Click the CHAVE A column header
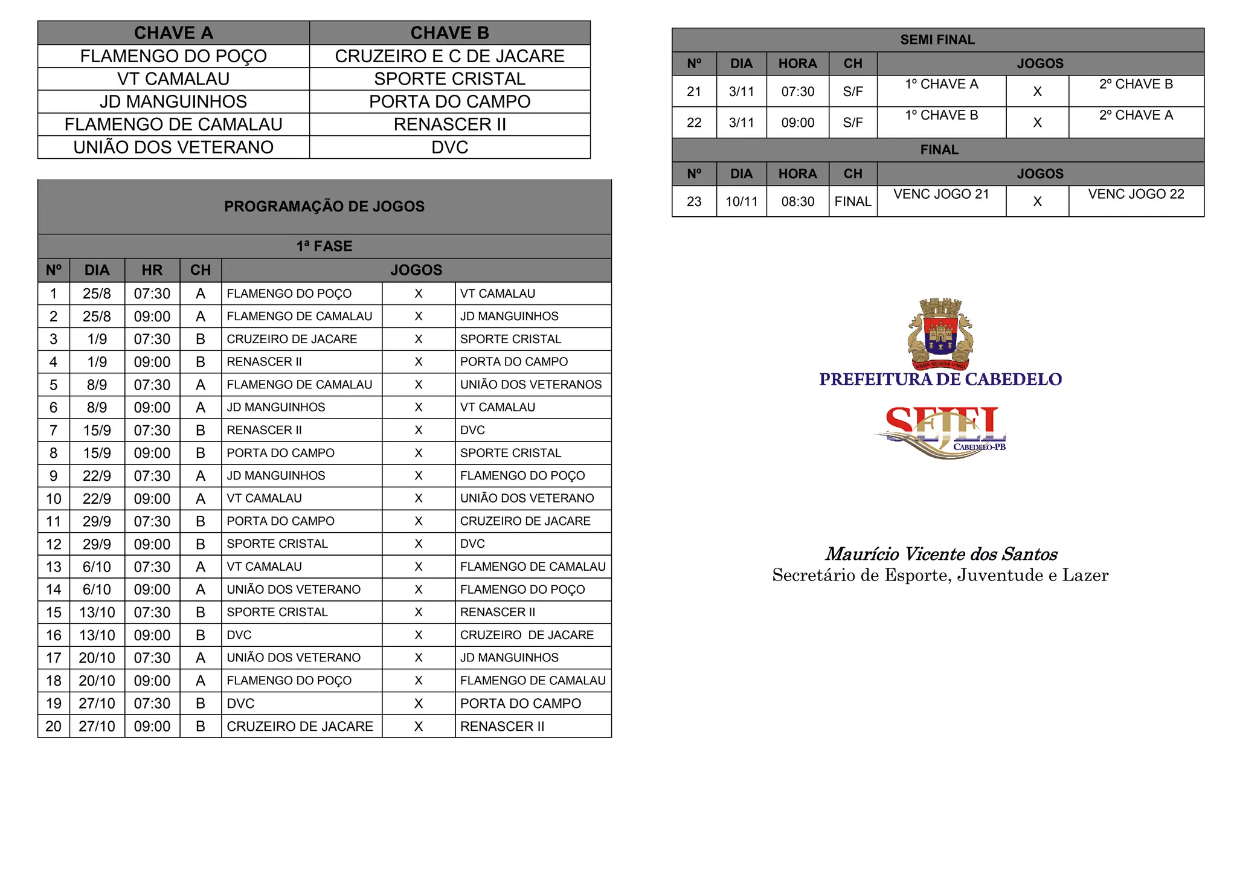pyautogui.click(x=173, y=33)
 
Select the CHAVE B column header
pyautogui.click(x=449, y=33)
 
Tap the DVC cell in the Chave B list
pyautogui.click(x=449, y=147)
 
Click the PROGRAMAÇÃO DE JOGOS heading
pyautogui.click(x=324, y=207)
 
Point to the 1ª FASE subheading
pyautogui.click(x=324, y=246)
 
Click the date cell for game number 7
pyautogui.click(x=97, y=430)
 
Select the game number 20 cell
pyautogui.click(x=54, y=726)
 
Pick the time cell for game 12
pyautogui.click(x=152, y=544)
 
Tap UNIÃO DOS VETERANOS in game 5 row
pyautogui.click(x=531, y=385)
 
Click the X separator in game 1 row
pyautogui.click(x=418, y=294)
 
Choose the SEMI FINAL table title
pyautogui.click(x=937, y=40)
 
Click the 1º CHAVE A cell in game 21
pyautogui.click(x=941, y=85)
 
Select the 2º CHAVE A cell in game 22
pyautogui.click(x=1136, y=115)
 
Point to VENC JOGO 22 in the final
pyautogui.click(x=1136, y=194)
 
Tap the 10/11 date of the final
pyautogui.click(x=741, y=202)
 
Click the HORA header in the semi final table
pyautogui.click(x=797, y=63)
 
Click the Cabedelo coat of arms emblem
pyautogui.click(x=940, y=333)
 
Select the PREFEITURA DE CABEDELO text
pyautogui.click(x=940, y=379)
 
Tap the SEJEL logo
pyautogui.click(x=941, y=431)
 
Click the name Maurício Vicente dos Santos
pyautogui.click(x=940, y=554)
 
